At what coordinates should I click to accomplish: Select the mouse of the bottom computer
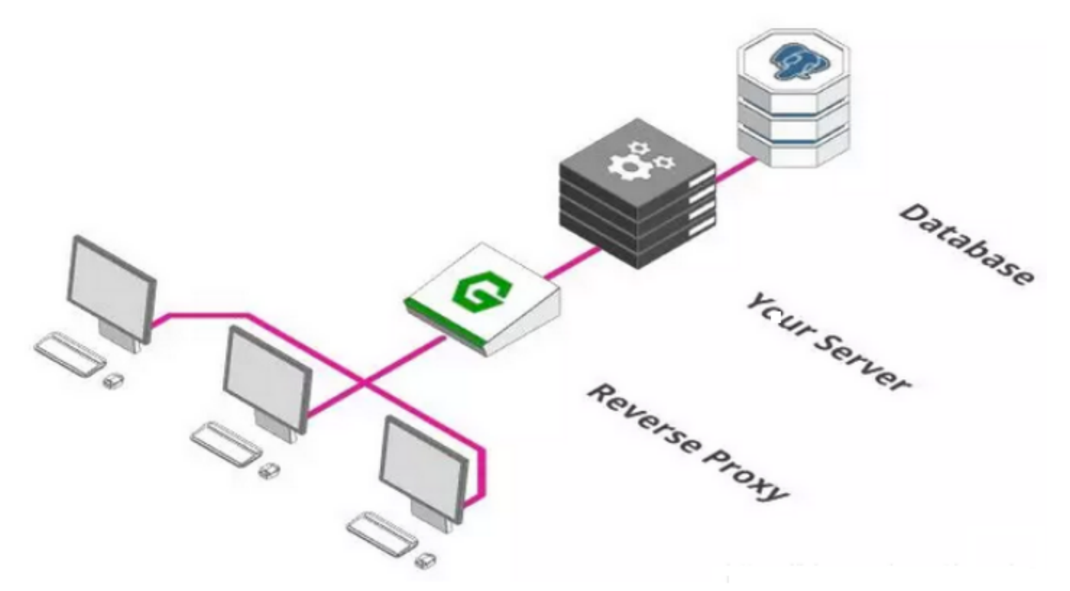(426, 561)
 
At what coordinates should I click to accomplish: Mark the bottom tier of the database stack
(794, 151)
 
